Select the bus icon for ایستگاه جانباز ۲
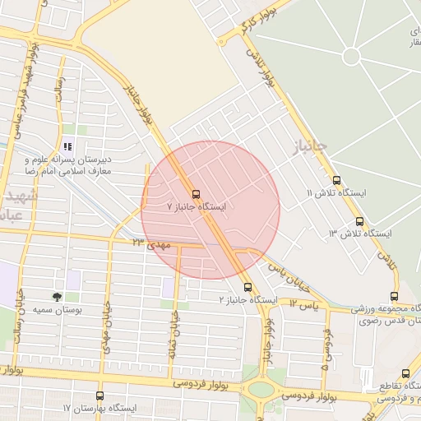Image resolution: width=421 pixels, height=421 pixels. (x=248, y=287)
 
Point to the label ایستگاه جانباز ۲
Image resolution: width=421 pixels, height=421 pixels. (x=245, y=300)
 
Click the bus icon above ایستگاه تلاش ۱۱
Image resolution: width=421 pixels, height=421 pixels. (x=335, y=180)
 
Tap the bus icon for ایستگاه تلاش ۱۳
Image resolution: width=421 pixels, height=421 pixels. (x=359, y=221)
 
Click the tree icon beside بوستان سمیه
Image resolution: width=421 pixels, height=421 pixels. (x=57, y=296)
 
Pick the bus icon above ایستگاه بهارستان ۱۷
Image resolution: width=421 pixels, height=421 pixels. (x=99, y=396)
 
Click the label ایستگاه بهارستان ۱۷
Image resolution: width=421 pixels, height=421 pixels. (x=95, y=408)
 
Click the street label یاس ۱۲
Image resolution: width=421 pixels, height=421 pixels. (x=303, y=304)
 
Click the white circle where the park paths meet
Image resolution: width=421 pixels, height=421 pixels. (x=352, y=57)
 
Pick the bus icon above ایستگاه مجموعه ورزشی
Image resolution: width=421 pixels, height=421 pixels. (x=394, y=297)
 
